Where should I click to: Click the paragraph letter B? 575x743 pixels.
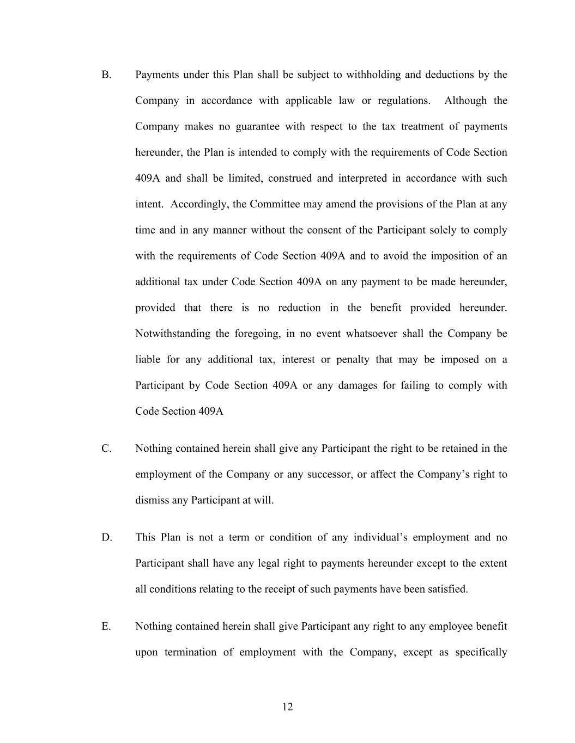click(106, 75)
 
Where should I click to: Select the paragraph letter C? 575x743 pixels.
click(106, 449)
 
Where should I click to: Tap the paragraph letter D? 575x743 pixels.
click(106, 537)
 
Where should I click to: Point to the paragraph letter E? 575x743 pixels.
click(106, 626)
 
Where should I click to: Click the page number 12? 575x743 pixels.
click(288, 707)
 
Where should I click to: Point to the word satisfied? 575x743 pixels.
click(447, 589)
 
